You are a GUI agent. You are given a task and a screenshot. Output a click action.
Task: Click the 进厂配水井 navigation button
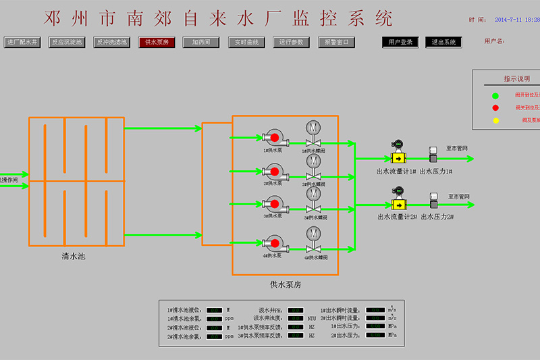[x=22, y=42]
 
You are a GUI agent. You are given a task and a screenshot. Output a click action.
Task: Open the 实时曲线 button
[x=247, y=42]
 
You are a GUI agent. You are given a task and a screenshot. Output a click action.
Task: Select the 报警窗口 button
[x=336, y=42]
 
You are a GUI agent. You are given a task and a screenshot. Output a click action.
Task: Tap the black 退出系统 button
[x=443, y=42]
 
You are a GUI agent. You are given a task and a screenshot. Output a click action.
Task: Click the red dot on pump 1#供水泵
[x=275, y=138]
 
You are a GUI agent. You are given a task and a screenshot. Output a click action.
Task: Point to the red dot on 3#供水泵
[x=275, y=203]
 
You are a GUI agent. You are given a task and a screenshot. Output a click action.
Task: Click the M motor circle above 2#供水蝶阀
[x=313, y=161]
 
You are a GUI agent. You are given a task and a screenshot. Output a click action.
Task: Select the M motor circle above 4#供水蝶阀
[x=313, y=233]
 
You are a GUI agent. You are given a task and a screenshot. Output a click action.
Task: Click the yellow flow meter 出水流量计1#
[x=398, y=159]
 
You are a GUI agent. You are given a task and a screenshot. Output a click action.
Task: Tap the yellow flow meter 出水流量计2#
[x=398, y=204]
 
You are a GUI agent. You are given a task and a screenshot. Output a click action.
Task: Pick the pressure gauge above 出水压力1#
[x=433, y=155]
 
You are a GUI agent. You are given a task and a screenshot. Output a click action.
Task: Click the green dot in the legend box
[x=495, y=96]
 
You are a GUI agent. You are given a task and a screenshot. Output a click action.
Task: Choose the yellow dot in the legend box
[x=495, y=120]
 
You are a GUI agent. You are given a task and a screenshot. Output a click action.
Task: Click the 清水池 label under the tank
[x=74, y=257]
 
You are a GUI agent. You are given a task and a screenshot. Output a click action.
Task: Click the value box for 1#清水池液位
[x=215, y=310]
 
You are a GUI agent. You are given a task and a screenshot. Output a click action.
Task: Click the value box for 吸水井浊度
[x=295, y=318]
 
